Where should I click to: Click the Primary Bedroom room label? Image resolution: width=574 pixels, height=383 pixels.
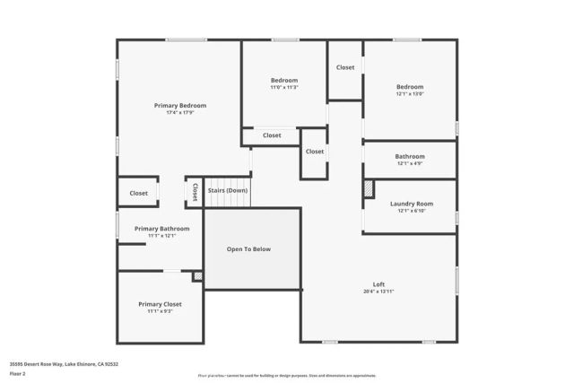tap(179, 106)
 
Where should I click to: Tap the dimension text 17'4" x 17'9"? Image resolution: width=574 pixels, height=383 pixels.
tap(179, 113)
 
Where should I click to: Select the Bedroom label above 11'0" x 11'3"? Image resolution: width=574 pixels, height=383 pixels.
tap(283, 80)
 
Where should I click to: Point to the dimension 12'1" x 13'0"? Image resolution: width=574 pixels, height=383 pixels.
tap(410, 93)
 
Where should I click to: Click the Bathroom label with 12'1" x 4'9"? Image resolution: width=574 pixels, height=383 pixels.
tap(410, 156)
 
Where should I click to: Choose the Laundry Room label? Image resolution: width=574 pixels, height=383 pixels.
tap(411, 204)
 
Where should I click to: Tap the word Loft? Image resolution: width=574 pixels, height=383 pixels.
tap(378, 284)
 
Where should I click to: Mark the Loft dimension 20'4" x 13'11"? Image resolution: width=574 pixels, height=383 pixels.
tap(378, 292)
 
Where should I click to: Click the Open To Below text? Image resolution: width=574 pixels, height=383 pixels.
tap(248, 249)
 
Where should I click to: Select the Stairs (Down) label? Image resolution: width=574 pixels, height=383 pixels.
tap(228, 190)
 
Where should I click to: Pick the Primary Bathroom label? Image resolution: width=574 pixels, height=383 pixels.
tap(161, 229)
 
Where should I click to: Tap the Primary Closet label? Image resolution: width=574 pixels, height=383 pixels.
tap(160, 304)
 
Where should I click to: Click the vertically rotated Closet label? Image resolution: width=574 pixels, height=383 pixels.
tap(195, 192)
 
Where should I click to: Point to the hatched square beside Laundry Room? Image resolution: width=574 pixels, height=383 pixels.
tap(369, 190)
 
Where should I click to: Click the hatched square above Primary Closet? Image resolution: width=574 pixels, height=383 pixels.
tap(197, 276)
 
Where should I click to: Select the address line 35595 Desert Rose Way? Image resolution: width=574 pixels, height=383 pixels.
tap(64, 364)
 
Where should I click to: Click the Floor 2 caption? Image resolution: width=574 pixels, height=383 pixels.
tap(18, 373)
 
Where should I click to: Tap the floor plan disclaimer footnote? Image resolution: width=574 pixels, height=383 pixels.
tap(287, 376)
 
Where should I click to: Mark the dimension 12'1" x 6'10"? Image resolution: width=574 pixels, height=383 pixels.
tap(411, 211)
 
